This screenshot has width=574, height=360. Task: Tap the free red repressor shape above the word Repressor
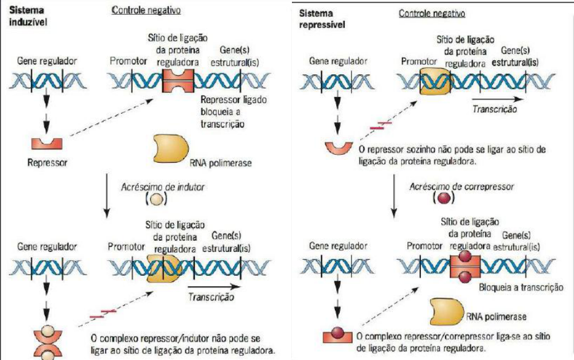pos(47,143)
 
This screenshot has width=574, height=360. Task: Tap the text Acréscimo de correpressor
pos(452,185)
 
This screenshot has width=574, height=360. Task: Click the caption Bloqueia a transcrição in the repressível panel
pos(521,286)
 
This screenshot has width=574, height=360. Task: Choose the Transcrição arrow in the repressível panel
pos(498,98)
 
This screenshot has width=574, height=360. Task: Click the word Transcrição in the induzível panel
pos(210,297)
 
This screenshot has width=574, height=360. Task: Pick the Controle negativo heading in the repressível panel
pos(431,14)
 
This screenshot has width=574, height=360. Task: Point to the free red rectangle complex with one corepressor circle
pos(337,336)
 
